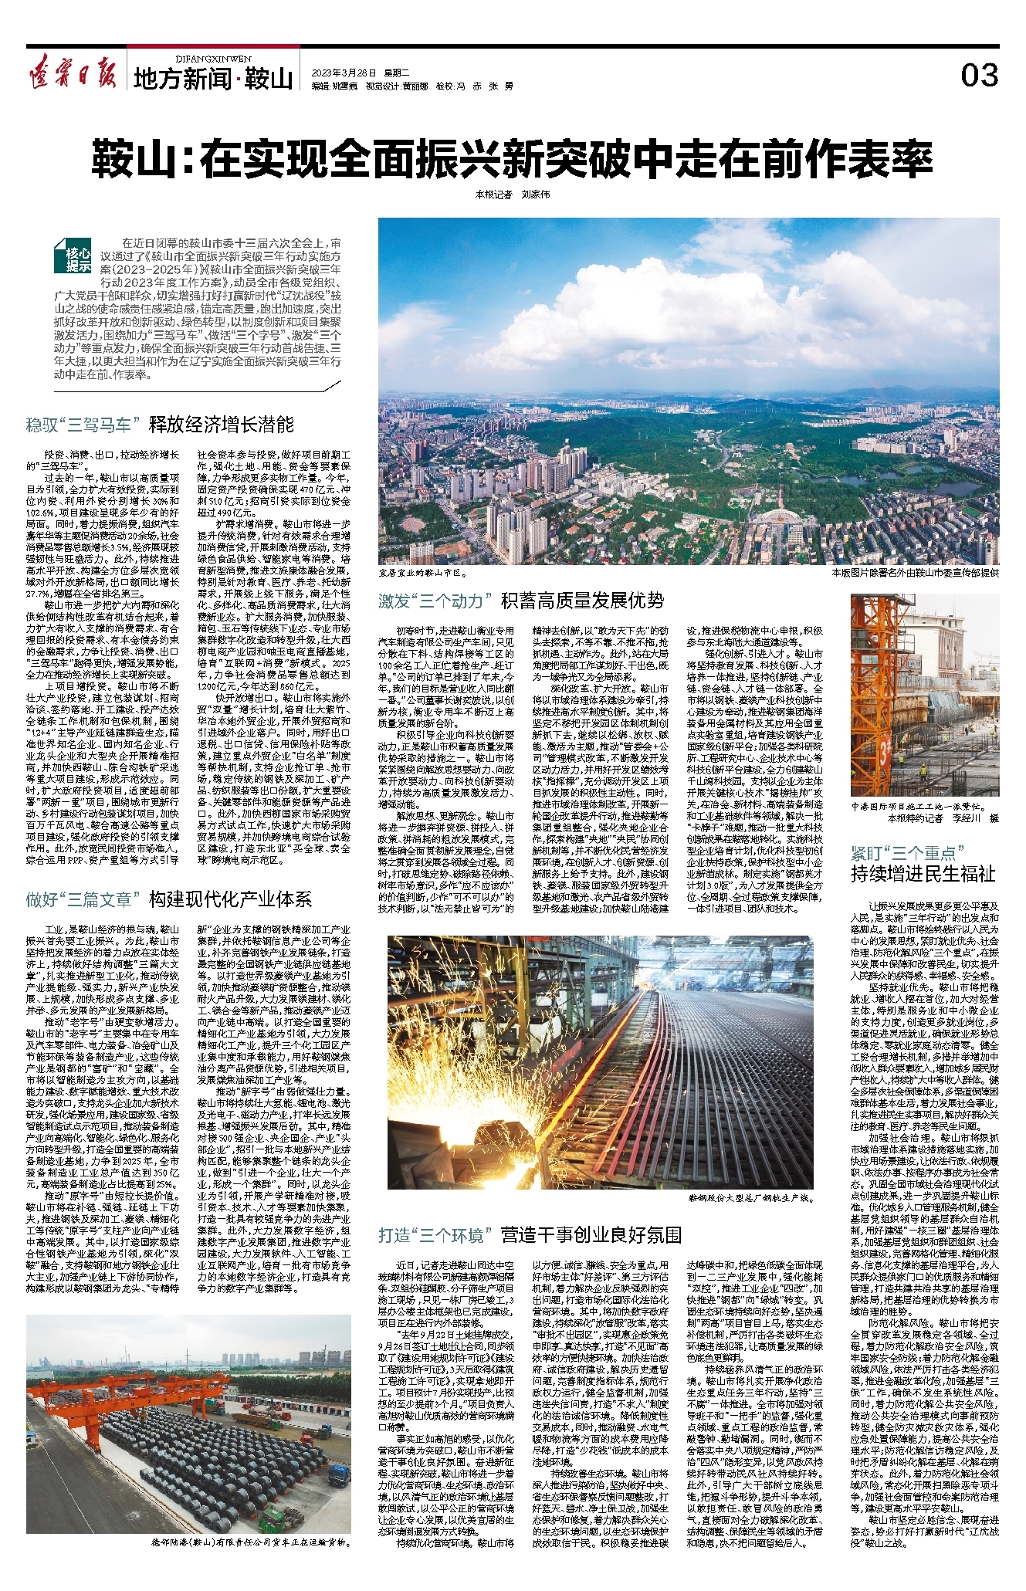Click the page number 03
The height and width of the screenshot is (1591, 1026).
click(x=979, y=75)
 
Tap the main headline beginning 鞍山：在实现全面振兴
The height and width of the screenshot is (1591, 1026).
click(x=512, y=159)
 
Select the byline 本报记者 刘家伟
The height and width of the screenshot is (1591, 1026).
click(x=512, y=195)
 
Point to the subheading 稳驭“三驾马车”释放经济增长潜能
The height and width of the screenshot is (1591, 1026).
click(x=161, y=424)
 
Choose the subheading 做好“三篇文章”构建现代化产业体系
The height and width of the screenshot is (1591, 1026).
click(x=169, y=899)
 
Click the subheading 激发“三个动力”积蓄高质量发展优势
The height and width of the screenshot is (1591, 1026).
click(x=520, y=601)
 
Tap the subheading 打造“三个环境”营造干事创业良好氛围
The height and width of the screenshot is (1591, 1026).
click(x=530, y=1235)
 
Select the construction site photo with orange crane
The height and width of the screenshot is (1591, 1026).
click(x=924, y=695)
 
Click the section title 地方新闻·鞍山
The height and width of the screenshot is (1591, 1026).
click(x=213, y=78)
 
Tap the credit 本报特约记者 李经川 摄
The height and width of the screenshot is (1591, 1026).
click(x=942, y=818)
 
